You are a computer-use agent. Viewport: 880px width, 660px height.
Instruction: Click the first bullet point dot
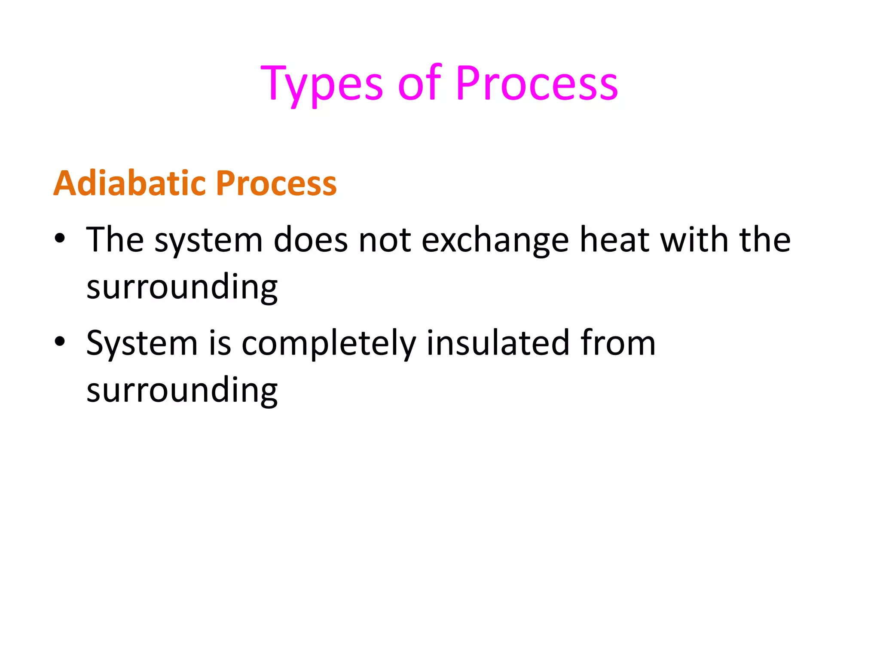click(60, 239)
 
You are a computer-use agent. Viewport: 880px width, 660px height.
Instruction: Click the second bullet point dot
click(60, 342)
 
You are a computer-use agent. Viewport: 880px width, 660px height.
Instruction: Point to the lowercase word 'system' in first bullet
click(208, 241)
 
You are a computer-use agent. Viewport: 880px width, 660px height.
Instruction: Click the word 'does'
click(310, 240)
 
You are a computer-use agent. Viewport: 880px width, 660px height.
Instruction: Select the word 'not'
click(385, 240)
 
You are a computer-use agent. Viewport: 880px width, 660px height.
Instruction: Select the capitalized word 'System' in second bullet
click(142, 344)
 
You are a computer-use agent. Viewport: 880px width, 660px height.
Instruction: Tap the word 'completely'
click(328, 344)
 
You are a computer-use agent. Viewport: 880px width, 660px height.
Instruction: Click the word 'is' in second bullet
click(220, 342)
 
